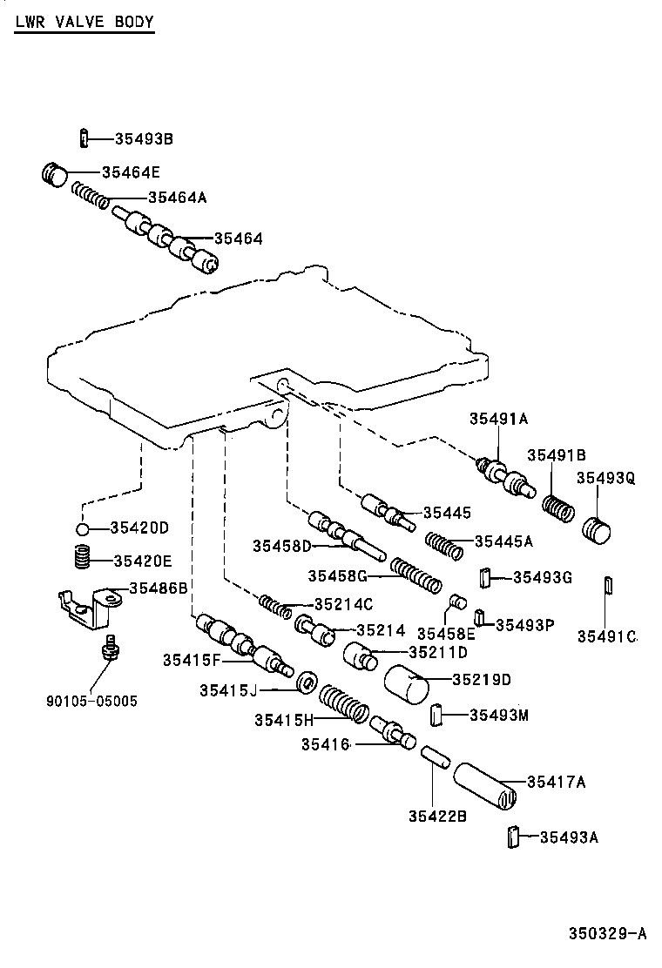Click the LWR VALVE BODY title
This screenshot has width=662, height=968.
point(84,22)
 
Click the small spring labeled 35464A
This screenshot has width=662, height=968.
point(90,195)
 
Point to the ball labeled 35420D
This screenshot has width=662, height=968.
point(81,529)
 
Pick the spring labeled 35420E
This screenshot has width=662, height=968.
point(81,556)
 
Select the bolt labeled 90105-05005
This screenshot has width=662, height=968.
point(109,649)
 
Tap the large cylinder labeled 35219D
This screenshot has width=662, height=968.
point(407,687)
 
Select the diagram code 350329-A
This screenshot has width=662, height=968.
point(608,934)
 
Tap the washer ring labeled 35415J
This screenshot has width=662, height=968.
point(305,683)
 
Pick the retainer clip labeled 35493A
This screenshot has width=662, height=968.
point(513,837)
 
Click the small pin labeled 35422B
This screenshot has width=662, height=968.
point(433,754)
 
